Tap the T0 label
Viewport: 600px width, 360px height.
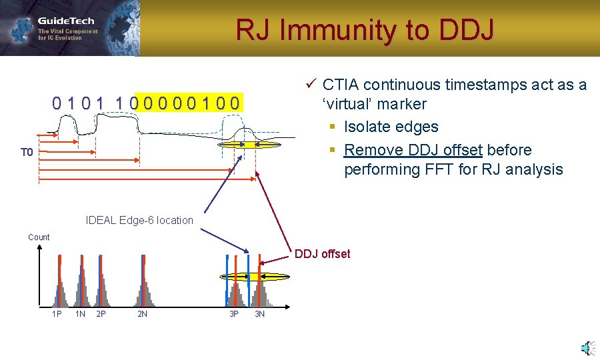pyautogui.click(x=26, y=153)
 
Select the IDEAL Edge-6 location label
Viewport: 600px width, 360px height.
pyautogui.click(x=139, y=220)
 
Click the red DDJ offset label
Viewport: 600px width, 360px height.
pyautogui.click(x=322, y=254)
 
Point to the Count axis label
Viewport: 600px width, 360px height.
pyautogui.click(x=39, y=237)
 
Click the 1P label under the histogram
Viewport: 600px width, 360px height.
pyautogui.click(x=57, y=314)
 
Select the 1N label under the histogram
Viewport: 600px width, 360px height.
pyautogui.click(x=80, y=314)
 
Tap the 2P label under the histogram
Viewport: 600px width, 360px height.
pyautogui.click(x=101, y=314)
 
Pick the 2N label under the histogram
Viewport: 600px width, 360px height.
pyautogui.click(x=142, y=314)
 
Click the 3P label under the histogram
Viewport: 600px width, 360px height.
pyautogui.click(x=234, y=314)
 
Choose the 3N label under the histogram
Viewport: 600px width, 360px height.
pyautogui.click(x=259, y=314)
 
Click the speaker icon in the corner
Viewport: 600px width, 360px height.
pyautogui.click(x=587, y=347)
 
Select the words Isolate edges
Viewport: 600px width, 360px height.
pyautogui.click(x=391, y=127)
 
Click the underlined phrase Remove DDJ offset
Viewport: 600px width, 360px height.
pyautogui.click(x=413, y=150)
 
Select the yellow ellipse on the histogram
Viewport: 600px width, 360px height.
pyautogui.click(x=255, y=276)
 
